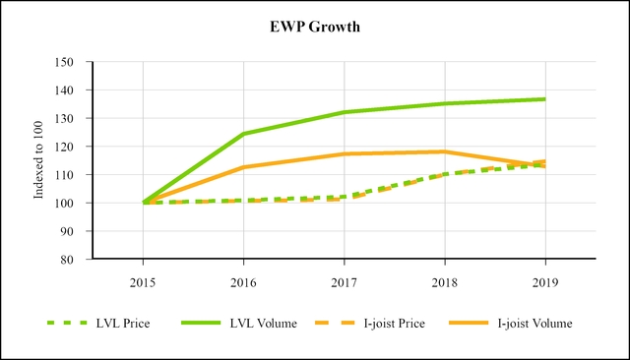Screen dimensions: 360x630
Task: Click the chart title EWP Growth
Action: tap(315, 27)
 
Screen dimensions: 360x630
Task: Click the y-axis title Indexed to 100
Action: tap(40, 160)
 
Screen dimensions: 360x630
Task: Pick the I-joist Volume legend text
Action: tap(535, 323)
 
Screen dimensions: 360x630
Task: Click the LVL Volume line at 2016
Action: tap(243, 134)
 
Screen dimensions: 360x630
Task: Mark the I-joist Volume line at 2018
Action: tap(444, 151)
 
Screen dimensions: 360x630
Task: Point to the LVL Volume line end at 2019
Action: tap(544, 99)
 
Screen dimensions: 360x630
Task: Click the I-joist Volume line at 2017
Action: tap(344, 154)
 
